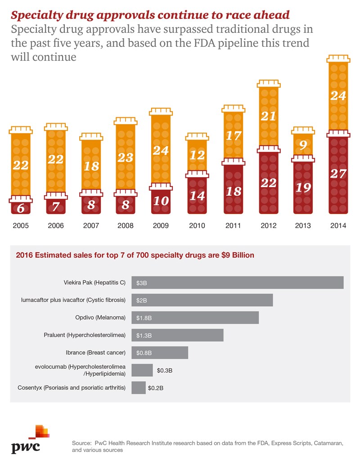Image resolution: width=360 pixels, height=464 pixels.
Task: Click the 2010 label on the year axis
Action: click(x=197, y=225)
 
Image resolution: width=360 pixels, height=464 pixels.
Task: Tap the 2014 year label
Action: click(x=338, y=225)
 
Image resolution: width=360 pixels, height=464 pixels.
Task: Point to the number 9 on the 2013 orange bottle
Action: click(x=303, y=145)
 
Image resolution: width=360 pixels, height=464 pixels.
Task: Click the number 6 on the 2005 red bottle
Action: click(x=20, y=209)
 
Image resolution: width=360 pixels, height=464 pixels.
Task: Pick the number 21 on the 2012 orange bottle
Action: click(x=268, y=116)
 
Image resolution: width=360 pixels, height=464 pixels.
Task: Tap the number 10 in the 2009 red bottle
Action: click(x=162, y=201)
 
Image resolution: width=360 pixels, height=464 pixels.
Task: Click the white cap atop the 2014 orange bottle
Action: click(x=338, y=58)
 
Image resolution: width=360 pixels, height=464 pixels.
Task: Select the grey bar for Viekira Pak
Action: click(x=238, y=282)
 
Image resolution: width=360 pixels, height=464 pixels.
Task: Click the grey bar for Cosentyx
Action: click(x=139, y=387)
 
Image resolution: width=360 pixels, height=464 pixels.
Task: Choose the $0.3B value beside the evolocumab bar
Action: click(x=165, y=370)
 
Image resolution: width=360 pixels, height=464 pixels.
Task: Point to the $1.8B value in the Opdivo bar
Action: click(x=144, y=318)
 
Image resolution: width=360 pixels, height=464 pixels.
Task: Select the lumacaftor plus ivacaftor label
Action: click(x=73, y=300)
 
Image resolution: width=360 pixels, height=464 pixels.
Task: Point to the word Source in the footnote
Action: click(x=81, y=443)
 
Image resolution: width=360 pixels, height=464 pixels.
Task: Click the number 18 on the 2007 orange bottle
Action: click(x=91, y=165)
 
